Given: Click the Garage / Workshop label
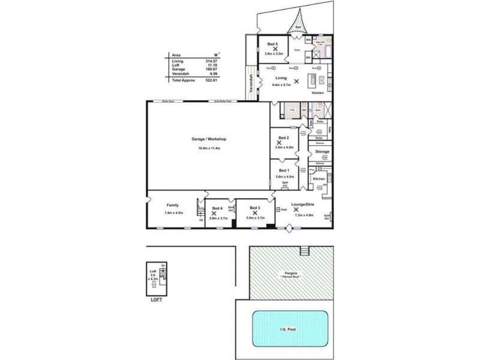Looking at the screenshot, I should (208, 139).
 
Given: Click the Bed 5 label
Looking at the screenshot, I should (272, 44).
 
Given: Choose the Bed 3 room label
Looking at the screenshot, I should (255, 208).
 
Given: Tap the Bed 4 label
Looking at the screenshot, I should (217, 208).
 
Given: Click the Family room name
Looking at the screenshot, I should (173, 205).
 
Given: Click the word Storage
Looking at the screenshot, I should (323, 152).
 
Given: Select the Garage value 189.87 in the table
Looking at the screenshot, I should (210, 69).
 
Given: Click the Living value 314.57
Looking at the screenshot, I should (210, 61).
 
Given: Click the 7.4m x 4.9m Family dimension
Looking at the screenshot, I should (173, 213).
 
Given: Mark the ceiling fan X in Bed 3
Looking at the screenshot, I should (255, 213).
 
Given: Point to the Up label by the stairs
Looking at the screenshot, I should (201, 220).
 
